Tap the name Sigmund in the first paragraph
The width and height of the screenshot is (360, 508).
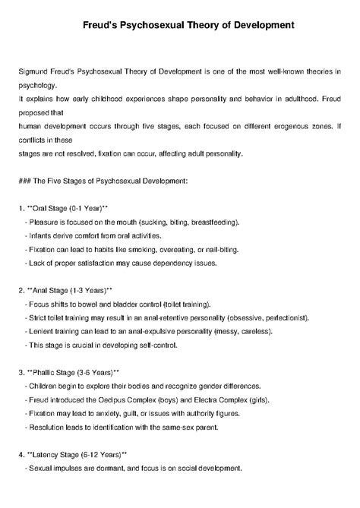coord(35,71)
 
